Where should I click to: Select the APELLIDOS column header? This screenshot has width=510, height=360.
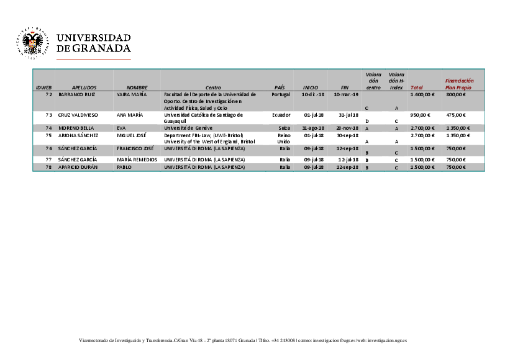point(84,88)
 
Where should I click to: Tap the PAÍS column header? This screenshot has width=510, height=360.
point(280,88)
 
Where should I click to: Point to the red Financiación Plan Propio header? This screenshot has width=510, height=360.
point(459,84)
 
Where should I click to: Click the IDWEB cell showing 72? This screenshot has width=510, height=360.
point(48,95)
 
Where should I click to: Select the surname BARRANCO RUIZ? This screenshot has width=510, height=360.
point(76,95)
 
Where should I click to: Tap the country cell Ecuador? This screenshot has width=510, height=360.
point(281,115)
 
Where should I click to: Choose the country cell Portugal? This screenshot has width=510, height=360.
point(281,95)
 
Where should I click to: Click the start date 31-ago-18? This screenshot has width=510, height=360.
point(312,128)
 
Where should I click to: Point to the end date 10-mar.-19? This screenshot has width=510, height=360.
point(347,95)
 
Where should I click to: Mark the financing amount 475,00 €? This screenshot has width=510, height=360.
point(456,115)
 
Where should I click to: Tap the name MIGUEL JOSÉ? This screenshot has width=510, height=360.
point(131,135)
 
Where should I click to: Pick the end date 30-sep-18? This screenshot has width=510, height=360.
point(347,135)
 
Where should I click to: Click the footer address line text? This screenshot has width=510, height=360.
point(243,341)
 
